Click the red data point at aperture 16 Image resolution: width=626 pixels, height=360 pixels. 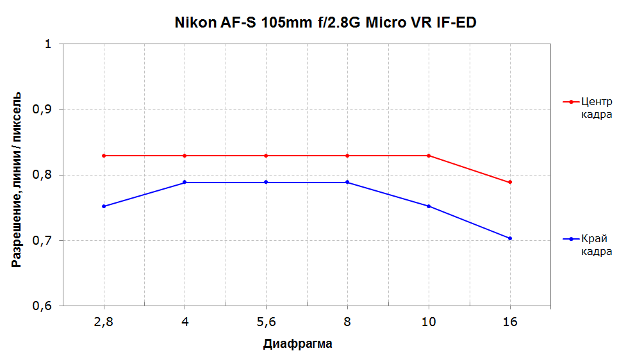pos(510,183)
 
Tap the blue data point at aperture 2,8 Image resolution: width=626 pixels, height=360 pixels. pos(104,206)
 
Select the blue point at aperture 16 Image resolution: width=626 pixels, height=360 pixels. pos(510,238)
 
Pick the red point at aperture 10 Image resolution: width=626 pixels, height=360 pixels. pos(429,156)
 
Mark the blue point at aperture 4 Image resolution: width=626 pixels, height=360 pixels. pos(185,183)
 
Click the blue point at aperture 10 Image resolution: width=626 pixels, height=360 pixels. pos(429,206)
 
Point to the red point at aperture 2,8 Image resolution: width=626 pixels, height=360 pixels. pos(104,156)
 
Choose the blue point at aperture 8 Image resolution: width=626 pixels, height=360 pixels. pos(347,183)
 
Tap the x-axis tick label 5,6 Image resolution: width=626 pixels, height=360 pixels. pos(266,322)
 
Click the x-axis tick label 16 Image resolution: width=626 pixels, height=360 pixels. pos(510,322)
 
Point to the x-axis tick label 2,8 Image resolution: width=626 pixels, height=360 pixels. pos(104,322)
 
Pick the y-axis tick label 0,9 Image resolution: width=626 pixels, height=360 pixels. pos(45,110)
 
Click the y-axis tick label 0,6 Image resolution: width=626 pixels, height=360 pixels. pos(45,306)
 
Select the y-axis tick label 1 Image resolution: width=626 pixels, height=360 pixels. pos(47,44)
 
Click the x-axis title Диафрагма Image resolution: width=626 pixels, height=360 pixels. pos(297,344)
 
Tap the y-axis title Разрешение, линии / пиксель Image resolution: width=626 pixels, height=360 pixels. pos(18,179)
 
